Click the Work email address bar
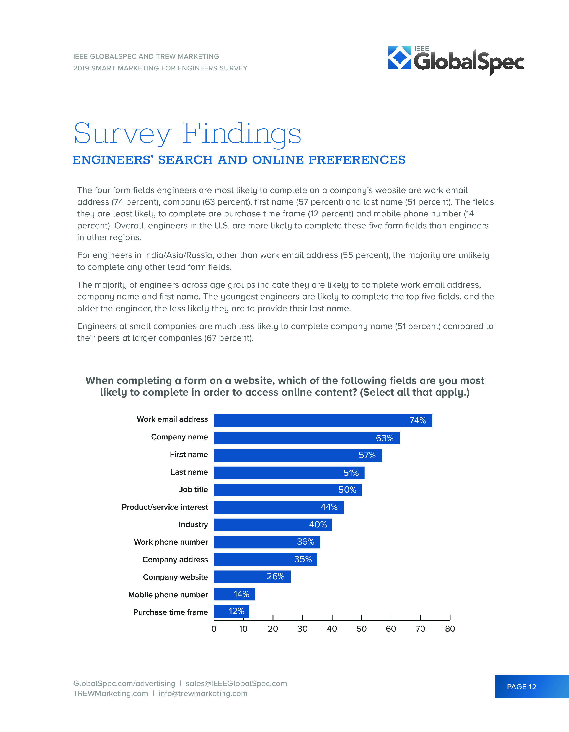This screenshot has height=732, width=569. [x=323, y=421]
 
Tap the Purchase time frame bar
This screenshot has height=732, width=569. [x=232, y=611]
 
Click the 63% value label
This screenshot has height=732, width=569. [x=385, y=438]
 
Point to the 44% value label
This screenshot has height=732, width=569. [x=329, y=507]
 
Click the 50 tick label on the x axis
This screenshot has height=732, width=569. [x=361, y=629]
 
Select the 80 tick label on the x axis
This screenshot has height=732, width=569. [x=450, y=629]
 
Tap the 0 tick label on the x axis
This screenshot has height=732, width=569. [x=214, y=629]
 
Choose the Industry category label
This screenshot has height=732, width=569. [x=193, y=524]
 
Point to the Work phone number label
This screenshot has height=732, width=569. [x=171, y=542]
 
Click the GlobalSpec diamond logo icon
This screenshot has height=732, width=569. [x=399, y=58]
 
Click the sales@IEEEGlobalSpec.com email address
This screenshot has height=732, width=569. [x=236, y=683]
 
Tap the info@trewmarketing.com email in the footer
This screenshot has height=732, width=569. [x=203, y=693]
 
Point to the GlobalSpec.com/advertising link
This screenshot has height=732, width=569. [x=124, y=683]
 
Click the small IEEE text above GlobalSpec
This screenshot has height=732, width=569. [x=421, y=49]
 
